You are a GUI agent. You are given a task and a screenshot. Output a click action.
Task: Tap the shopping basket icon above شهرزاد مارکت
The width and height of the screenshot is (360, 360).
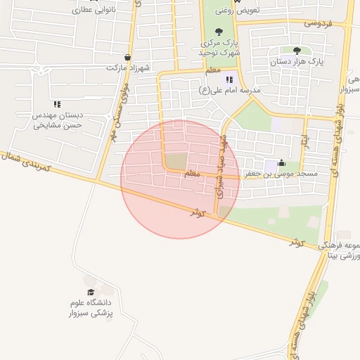coord(127,58)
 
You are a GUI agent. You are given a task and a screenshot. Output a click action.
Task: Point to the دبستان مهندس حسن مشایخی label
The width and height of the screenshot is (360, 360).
coord(58,120)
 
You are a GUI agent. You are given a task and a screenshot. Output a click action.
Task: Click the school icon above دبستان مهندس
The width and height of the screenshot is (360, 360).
coord(57,104)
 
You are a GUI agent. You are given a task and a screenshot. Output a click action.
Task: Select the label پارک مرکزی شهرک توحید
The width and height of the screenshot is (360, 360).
coord(219,47)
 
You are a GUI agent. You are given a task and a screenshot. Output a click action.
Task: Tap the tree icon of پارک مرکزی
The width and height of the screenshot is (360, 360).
coord(219,32)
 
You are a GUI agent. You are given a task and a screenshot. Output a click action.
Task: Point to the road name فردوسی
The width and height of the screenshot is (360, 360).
coord(317,22)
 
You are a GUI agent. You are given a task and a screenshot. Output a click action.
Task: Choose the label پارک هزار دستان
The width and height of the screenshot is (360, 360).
coord(298,62)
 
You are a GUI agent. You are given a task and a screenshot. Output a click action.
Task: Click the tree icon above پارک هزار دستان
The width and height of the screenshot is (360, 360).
coord(297,51)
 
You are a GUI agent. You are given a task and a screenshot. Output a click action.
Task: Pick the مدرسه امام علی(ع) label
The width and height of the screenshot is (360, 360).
coord(230,90)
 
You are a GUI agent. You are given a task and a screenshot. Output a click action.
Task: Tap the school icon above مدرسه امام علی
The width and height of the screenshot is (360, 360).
coord(229,79)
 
